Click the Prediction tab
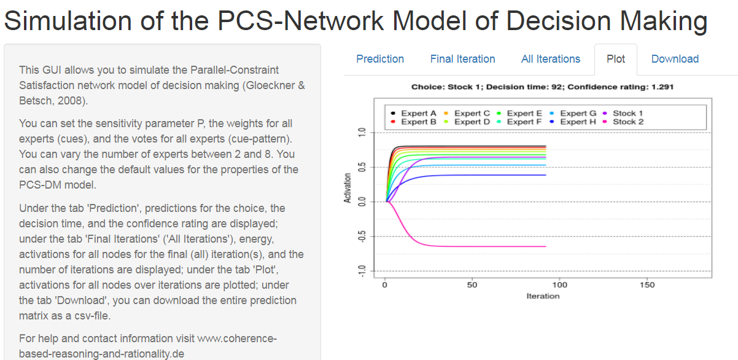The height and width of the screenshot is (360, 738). click(x=380, y=59)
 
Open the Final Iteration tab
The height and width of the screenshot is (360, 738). click(x=462, y=59)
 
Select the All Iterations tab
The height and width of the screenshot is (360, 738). click(x=550, y=59)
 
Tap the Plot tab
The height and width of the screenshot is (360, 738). click(x=615, y=59)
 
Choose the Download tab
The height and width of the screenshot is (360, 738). click(x=675, y=59)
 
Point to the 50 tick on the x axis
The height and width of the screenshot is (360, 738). click(x=472, y=284)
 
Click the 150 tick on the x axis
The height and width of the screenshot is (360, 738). click(x=647, y=284)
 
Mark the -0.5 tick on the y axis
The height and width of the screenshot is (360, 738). click(x=361, y=237)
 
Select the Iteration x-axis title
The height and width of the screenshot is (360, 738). click(x=543, y=296)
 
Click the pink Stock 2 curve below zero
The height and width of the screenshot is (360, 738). click(x=467, y=246)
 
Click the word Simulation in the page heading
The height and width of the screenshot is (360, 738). click(x=68, y=21)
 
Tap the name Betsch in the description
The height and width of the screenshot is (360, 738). click(x=35, y=100)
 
